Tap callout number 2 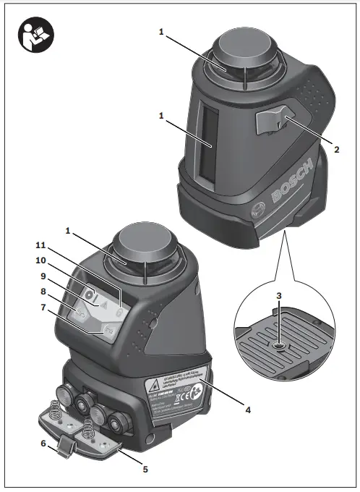(x=337, y=151)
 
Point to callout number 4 (x=247, y=410)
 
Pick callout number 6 (x=43, y=444)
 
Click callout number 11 (x=41, y=245)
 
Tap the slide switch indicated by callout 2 (x=273, y=117)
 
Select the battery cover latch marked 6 (x=67, y=450)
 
